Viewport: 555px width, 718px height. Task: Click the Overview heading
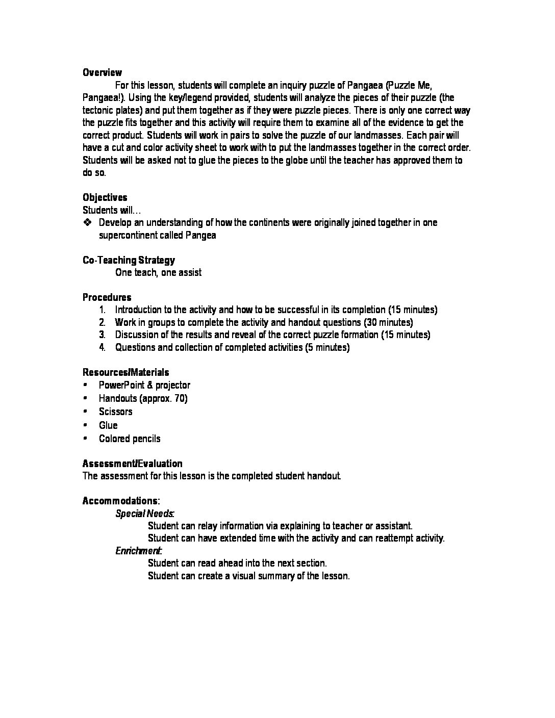pos(102,72)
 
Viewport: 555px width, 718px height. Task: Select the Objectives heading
pos(105,197)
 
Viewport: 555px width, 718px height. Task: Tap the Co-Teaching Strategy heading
pos(129,260)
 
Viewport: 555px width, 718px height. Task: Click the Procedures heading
pos(107,297)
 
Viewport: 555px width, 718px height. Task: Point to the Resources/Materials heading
pos(125,372)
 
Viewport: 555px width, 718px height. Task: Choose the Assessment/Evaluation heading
pos(132,464)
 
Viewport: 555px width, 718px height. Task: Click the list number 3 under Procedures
pos(102,335)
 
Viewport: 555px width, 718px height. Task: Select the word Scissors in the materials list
pos(115,412)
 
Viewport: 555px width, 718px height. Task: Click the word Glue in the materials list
pos(108,425)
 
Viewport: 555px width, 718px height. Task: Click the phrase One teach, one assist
pos(158,272)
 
